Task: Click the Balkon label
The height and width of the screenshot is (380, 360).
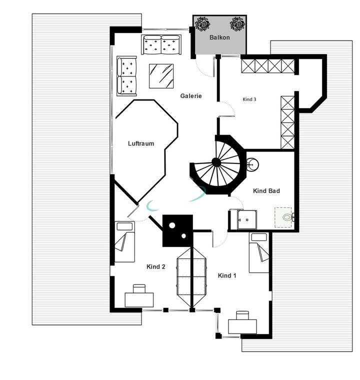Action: (x=220, y=38)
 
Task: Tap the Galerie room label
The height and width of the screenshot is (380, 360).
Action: (x=191, y=96)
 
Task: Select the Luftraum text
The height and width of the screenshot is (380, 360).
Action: (x=140, y=143)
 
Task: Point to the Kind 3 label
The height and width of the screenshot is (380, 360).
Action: (x=249, y=99)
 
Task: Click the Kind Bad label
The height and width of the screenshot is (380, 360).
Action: (x=266, y=191)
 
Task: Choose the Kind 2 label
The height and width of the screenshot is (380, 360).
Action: (x=155, y=267)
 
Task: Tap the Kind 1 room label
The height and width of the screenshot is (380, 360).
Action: (x=227, y=275)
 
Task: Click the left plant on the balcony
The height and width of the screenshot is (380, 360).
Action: (x=202, y=23)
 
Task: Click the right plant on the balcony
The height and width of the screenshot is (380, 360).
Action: (x=236, y=23)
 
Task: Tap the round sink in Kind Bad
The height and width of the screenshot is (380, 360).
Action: (x=253, y=163)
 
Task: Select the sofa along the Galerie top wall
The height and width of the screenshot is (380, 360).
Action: (x=161, y=44)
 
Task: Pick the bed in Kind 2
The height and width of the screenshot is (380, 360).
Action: (x=124, y=242)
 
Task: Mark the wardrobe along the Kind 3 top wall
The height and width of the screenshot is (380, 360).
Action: (x=267, y=66)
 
